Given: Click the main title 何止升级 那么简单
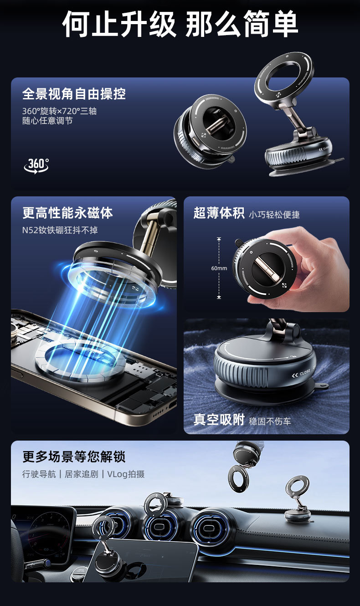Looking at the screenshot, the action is point(180,24).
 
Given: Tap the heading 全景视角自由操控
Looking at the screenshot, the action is point(74,94).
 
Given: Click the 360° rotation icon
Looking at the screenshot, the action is point(36,165).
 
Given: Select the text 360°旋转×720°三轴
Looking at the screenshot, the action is point(59,111).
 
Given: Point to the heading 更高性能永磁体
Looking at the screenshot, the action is point(67,213).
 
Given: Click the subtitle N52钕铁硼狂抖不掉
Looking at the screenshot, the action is point(60,230).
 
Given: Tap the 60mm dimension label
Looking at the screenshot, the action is point(219,268).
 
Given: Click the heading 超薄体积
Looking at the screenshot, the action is point(219,213).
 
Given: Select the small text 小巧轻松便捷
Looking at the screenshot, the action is point(274,215).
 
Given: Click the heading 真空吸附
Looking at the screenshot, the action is point(219,420).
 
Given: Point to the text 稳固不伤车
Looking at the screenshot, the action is point(270,421).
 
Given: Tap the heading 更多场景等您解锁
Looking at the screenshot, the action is point(74,457).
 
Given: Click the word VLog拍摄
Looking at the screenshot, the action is point(126,474).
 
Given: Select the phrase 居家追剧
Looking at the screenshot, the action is point(81,474).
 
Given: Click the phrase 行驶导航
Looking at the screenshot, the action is point(39,474).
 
